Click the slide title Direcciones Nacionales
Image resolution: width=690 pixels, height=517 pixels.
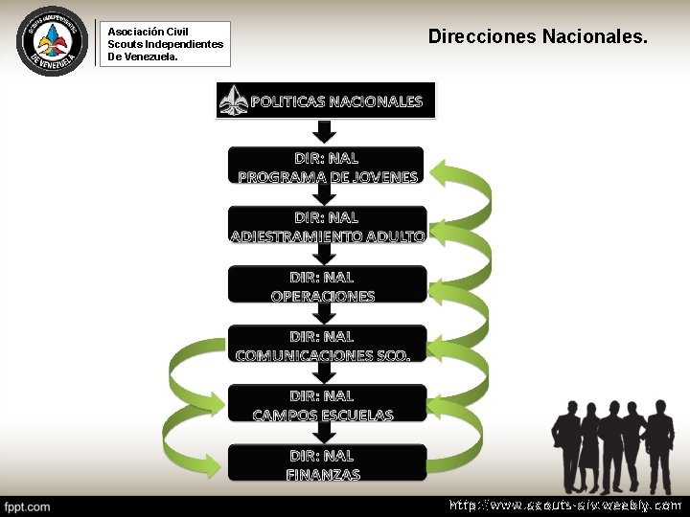click(538, 36)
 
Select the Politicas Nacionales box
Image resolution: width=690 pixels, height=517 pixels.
click(326, 101)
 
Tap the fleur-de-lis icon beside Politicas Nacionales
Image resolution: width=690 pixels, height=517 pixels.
click(233, 101)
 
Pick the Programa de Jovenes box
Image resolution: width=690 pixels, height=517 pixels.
click(327, 167)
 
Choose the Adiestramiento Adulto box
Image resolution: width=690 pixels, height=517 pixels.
click(327, 226)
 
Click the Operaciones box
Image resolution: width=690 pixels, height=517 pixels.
click(327, 285)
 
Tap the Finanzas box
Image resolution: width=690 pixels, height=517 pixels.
click(327, 463)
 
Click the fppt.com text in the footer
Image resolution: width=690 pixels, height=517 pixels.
click(28, 506)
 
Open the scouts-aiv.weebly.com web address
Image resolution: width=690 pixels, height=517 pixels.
click(565, 505)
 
